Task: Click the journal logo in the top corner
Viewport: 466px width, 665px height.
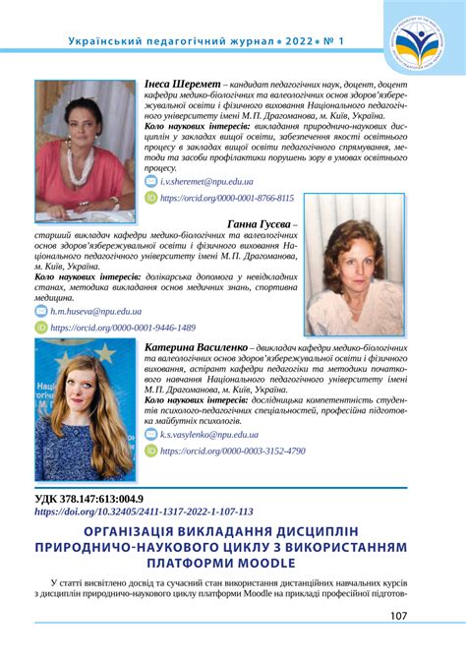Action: [x=424, y=42]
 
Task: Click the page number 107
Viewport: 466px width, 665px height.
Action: [x=398, y=616]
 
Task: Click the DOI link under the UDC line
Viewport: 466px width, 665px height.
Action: [x=144, y=512]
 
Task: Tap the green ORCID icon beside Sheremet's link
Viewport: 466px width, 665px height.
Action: [x=150, y=198]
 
